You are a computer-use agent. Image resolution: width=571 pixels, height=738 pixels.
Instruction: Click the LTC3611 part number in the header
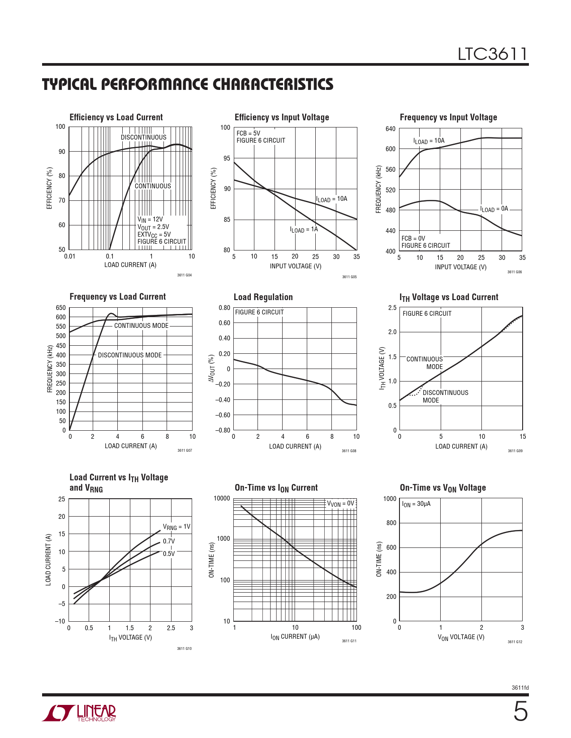492,54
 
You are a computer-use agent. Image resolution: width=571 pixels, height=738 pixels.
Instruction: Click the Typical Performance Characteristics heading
188,84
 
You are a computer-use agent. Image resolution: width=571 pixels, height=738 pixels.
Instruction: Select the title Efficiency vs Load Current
116,117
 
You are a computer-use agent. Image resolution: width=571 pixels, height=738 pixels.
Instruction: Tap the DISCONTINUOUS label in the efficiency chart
143,137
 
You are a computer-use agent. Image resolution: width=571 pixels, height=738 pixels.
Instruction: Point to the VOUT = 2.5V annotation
153,227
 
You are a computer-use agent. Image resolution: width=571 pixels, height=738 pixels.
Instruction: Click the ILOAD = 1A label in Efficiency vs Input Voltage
304,229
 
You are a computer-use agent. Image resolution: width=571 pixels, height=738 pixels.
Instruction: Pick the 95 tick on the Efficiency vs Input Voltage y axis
227,158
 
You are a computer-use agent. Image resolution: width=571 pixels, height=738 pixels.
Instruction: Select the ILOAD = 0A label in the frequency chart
494,209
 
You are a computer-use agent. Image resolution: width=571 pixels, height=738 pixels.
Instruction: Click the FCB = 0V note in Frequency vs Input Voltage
413,238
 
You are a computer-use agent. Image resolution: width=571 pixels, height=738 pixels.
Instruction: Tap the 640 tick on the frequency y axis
391,129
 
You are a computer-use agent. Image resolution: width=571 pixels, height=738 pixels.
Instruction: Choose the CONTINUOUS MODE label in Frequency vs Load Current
141,326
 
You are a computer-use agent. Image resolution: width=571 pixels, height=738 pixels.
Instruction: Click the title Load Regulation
263,297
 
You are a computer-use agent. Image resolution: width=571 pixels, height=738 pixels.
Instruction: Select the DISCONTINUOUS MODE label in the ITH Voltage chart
445,396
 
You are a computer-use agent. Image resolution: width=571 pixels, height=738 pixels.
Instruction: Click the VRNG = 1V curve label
176,527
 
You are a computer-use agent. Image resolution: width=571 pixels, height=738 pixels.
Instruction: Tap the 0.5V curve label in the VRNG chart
169,554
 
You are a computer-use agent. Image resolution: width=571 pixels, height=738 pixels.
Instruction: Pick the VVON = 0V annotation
340,504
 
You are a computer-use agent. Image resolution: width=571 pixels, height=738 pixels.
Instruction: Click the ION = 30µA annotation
416,504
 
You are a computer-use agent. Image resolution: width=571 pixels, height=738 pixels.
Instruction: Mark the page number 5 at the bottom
520,712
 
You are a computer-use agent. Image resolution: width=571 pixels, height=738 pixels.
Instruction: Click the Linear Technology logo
79,713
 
